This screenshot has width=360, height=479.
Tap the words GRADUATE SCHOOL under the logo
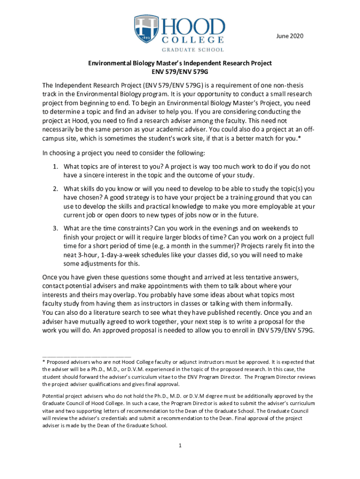point(193,49)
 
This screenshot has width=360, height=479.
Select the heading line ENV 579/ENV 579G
point(180,72)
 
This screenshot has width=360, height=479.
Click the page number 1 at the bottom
point(180,444)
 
